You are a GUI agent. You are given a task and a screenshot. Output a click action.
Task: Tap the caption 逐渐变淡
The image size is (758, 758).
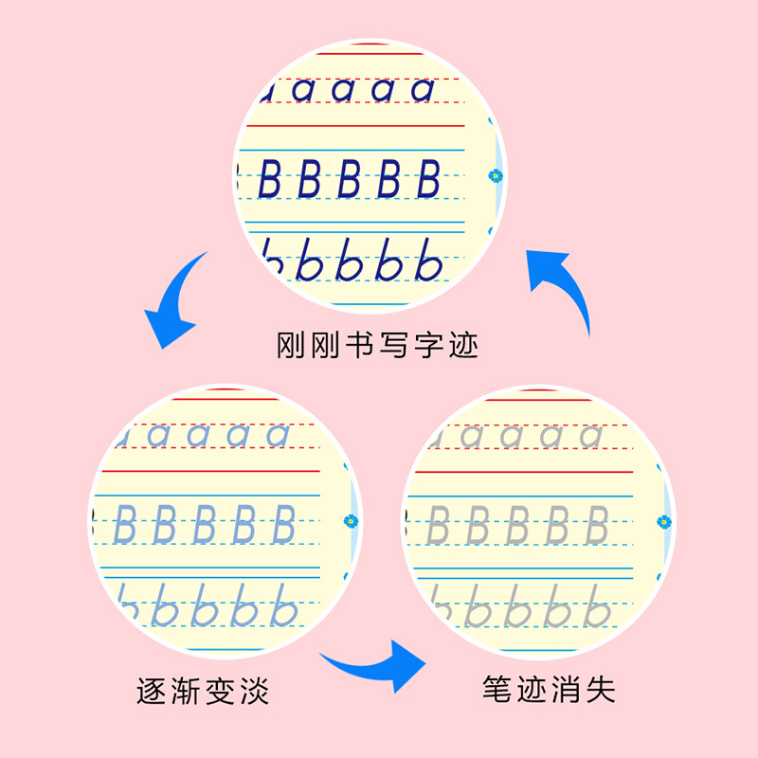click(203, 690)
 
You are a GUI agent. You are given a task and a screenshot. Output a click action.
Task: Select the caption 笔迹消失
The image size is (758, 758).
click(549, 690)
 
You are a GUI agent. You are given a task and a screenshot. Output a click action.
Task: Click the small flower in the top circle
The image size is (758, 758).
click(495, 175)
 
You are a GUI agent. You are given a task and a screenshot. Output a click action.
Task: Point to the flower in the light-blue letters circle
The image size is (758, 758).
click(352, 519)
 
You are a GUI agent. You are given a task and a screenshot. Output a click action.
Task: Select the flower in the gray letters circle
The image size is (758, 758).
click(664, 520)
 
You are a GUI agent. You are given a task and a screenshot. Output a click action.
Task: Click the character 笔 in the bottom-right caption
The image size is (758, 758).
click(496, 690)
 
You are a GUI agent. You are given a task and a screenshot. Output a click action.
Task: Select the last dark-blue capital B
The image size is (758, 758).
click(428, 179)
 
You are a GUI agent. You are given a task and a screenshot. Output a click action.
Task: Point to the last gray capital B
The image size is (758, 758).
click(595, 524)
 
